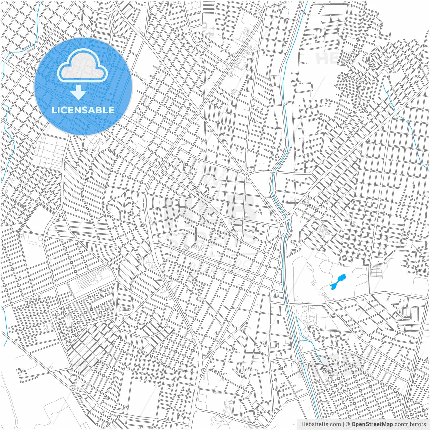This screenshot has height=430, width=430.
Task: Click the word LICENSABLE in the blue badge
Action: tap(83, 110)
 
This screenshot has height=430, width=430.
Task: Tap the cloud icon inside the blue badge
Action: tap(83, 66)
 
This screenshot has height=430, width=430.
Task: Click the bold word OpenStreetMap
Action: tap(372, 424)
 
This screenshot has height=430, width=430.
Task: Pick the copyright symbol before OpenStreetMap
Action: tap(348, 424)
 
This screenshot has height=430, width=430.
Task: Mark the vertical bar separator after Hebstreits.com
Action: tap(343, 424)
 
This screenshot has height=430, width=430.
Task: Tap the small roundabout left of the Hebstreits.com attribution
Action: tap(259, 413)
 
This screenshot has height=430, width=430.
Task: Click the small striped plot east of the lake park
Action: tap(376, 272)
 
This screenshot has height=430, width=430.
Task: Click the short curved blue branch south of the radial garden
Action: tap(307, 343)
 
